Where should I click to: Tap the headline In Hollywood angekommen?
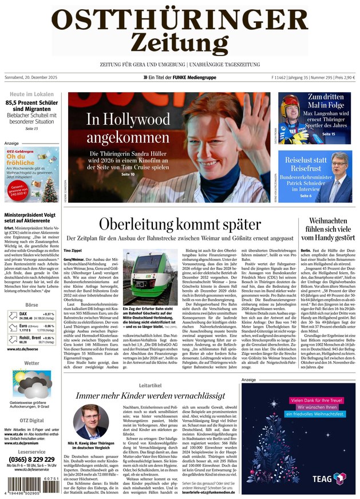(x=128, y=128)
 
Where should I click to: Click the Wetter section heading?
(x=31, y=363)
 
